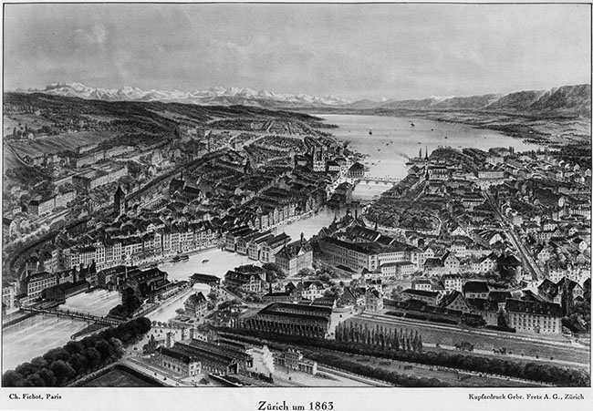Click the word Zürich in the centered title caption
point(274,405)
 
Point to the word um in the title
point(298,405)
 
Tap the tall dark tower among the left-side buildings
point(120,200)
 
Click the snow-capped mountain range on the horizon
point(182,93)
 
